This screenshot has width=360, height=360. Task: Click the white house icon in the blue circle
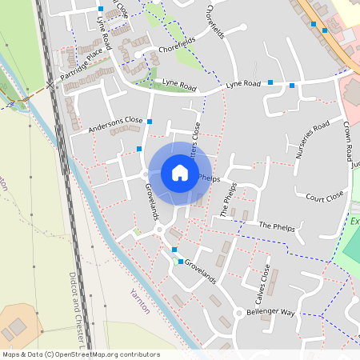click(x=179, y=173)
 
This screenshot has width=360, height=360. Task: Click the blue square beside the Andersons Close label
click(x=150, y=122)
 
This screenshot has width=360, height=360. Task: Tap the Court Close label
click(x=324, y=195)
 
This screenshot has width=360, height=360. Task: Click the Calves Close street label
click(x=261, y=283)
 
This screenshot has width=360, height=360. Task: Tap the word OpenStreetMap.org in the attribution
click(x=96, y=354)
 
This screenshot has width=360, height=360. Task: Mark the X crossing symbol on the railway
click(x=50, y=82)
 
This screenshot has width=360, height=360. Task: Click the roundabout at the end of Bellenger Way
click(x=238, y=313)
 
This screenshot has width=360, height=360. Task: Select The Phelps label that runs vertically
click(x=229, y=200)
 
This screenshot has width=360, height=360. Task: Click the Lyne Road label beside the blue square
click(x=244, y=84)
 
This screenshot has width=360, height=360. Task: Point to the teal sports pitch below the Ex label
click(x=352, y=248)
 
